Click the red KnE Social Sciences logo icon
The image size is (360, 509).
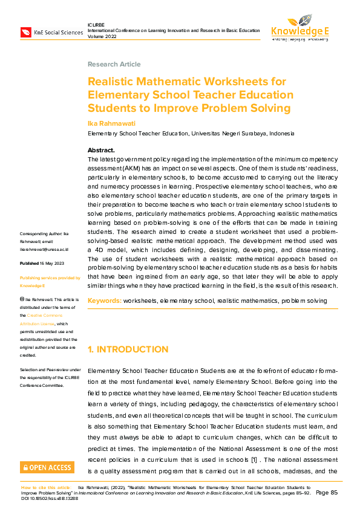coord(26,31)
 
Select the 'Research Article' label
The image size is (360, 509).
coord(114,64)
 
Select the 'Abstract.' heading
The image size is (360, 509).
coord(101,150)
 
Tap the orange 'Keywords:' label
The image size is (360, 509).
coord(105,300)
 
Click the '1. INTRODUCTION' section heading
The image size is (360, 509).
coord(128,349)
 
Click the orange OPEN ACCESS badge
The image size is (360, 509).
coord(47,467)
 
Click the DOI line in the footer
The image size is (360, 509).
coord(50,498)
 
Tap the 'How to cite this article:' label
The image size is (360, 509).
coord(47,487)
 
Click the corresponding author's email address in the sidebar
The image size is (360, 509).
coord(44,248)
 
